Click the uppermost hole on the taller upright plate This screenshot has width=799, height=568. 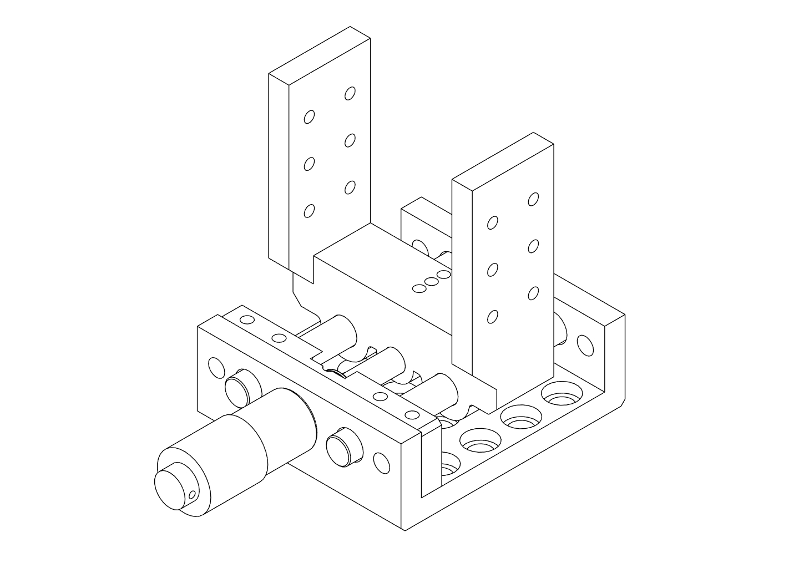click(350, 93)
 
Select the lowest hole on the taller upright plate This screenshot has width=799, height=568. click(310, 211)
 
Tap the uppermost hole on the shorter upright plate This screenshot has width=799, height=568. click(534, 199)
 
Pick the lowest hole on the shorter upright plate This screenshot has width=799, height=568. click(492, 317)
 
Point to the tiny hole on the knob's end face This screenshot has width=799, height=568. click(193, 494)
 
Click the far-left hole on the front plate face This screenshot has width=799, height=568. click(215, 366)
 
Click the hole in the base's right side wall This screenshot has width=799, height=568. click(584, 344)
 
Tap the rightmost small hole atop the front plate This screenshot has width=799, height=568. click(412, 414)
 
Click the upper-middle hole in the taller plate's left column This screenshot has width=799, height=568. click(310, 164)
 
